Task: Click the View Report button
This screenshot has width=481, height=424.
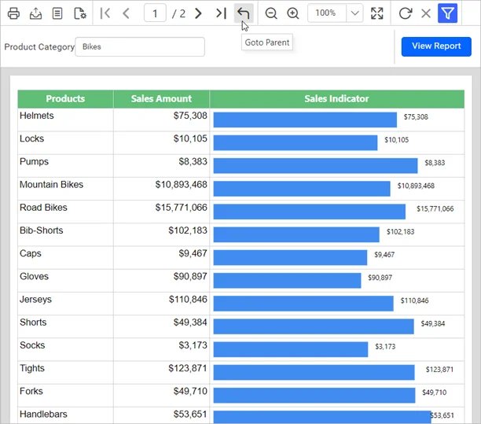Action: pyautogui.click(x=436, y=46)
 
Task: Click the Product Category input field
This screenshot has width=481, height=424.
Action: pyautogui.click(x=140, y=47)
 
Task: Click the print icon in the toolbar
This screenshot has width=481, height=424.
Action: pyautogui.click(x=13, y=13)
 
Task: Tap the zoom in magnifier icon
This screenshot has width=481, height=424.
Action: pyautogui.click(x=293, y=13)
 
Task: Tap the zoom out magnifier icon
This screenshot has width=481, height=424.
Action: pyautogui.click(x=271, y=13)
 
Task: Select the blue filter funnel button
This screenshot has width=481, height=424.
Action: pyautogui.click(x=447, y=13)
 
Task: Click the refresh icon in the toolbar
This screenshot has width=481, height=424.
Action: pyautogui.click(x=405, y=13)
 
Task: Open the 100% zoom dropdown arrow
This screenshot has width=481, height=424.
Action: pyautogui.click(x=354, y=13)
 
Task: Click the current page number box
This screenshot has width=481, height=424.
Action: pyautogui.click(x=156, y=13)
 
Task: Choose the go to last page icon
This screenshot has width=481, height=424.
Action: pyautogui.click(x=221, y=13)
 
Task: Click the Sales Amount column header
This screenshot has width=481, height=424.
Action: pyautogui.click(x=161, y=99)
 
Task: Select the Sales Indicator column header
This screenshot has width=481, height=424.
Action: pyautogui.click(x=336, y=99)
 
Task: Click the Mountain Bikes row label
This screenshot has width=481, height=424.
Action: pyautogui.click(x=51, y=185)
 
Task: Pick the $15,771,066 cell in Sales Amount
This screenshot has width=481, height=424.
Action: pyautogui.click(x=181, y=208)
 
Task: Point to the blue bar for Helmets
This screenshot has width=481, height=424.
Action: pyautogui.click(x=305, y=120)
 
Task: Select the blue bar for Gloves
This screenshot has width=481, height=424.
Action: pyautogui.click(x=287, y=280)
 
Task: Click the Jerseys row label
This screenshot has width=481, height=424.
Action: pyautogui.click(x=35, y=300)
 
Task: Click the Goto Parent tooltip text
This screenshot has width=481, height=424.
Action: pyautogui.click(x=267, y=42)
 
